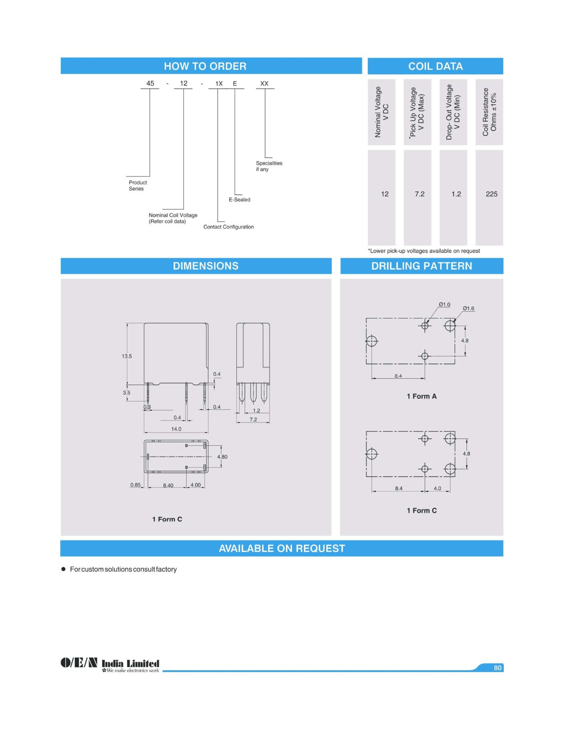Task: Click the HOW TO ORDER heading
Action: tap(205, 66)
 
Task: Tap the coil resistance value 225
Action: tap(491, 194)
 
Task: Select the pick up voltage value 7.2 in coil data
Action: tap(419, 194)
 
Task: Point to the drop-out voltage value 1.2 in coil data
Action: tap(456, 194)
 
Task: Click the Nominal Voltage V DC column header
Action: tap(381, 112)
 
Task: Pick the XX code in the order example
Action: tap(264, 83)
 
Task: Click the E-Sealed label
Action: tap(240, 199)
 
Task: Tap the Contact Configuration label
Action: tap(228, 227)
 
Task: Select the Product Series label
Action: tap(137, 185)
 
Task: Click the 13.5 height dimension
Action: tap(126, 356)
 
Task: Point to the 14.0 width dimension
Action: tap(176, 429)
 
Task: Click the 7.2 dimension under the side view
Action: tap(253, 419)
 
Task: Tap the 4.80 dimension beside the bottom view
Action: tap(222, 457)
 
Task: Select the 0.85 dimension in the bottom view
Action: tap(135, 485)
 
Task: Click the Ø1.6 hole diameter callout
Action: tap(468, 308)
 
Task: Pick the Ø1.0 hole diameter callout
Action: tap(444, 304)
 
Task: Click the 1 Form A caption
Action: tap(421, 396)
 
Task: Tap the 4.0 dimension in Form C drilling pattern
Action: tap(437, 488)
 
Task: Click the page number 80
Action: tap(497, 667)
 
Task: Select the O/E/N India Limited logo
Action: tap(110, 664)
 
